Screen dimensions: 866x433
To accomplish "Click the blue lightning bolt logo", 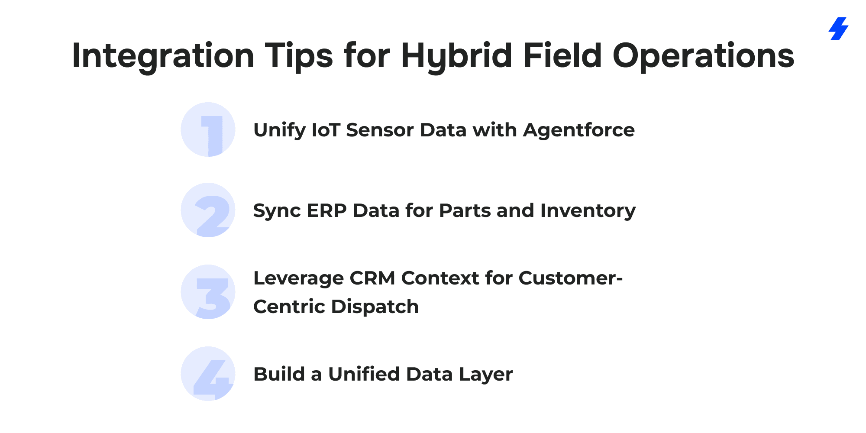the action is pyautogui.click(x=838, y=29).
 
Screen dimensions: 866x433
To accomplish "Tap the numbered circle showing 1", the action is pyautogui.click(x=208, y=129).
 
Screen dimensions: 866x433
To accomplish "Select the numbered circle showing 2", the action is pyautogui.click(x=208, y=210).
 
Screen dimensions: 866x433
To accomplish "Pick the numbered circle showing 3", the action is pyautogui.click(x=208, y=292).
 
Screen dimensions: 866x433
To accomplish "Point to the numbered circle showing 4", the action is pyautogui.click(x=208, y=374).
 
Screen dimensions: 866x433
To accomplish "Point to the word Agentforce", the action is pyautogui.click(x=579, y=130).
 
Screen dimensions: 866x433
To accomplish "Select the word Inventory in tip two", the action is pyautogui.click(x=588, y=211).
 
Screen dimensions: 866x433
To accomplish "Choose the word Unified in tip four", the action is pyautogui.click(x=364, y=374).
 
